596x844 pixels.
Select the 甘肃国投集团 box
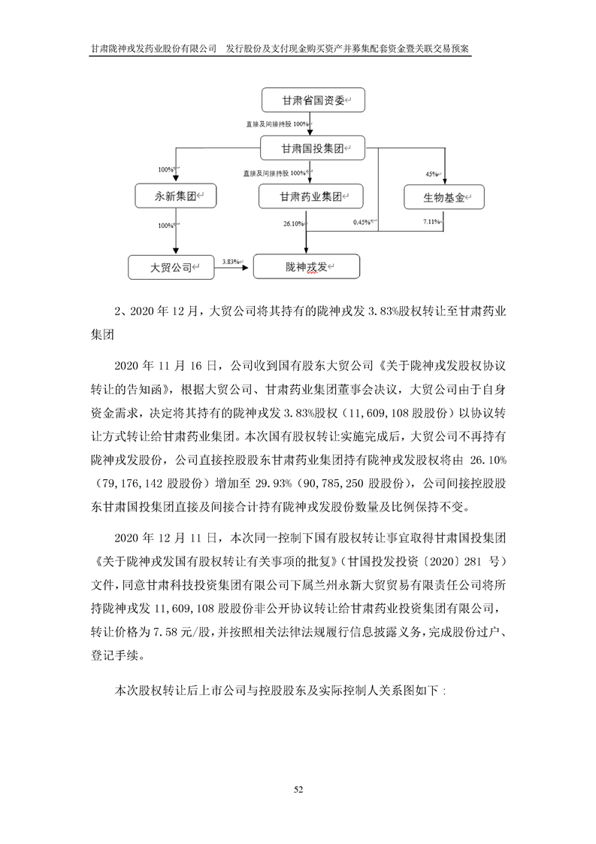pyautogui.click(x=312, y=149)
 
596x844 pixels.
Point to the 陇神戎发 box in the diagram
pyautogui.click(x=306, y=267)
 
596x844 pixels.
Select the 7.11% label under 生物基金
pyautogui.click(x=431, y=222)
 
